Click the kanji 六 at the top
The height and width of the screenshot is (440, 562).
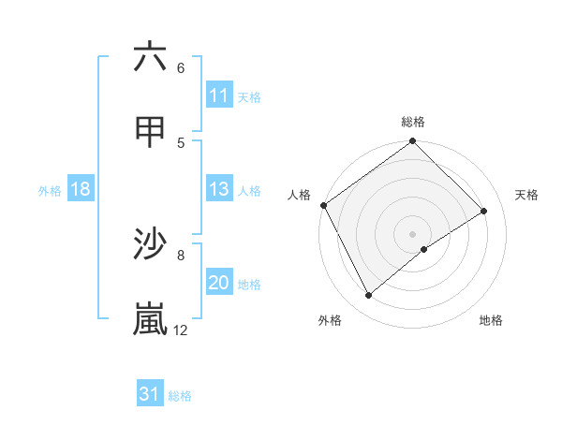pyautogui.click(x=150, y=57)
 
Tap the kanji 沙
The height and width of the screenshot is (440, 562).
pyautogui.click(x=150, y=244)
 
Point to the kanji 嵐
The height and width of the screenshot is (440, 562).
pyautogui.click(x=150, y=318)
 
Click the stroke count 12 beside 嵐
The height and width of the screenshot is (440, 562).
pyautogui.click(x=181, y=330)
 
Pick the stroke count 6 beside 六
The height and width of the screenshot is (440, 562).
pyautogui.click(x=181, y=68)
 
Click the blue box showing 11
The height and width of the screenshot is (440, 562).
pyautogui.click(x=219, y=95)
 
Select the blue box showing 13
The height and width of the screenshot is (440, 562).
pyautogui.click(x=219, y=189)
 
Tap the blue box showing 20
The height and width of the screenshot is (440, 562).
pyautogui.click(x=219, y=283)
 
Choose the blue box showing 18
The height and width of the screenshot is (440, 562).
pyautogui.click(x=81, y=189)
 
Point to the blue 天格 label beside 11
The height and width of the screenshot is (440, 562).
pyautogui.click(x=249, y=96)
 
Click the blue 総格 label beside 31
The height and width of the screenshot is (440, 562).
pyautogui.click(x=180, y=395)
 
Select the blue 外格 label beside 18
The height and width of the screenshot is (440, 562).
pyautogui.click(x=50, y=190)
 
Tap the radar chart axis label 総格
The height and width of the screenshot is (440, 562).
pyautogui.click(x=413, y=122)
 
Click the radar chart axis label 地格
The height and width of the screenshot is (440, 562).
pyautogui.click(x=491, y=320)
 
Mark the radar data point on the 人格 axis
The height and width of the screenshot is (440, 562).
pyautogui.click(x=323, y=205)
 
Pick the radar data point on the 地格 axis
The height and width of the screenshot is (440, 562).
pyautogui.click(x=424, y=249)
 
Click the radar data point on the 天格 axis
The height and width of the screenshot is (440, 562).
pyautogui.click(x=484, y=211)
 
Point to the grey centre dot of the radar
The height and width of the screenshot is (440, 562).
pyautogui.click(x=412, y=233)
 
